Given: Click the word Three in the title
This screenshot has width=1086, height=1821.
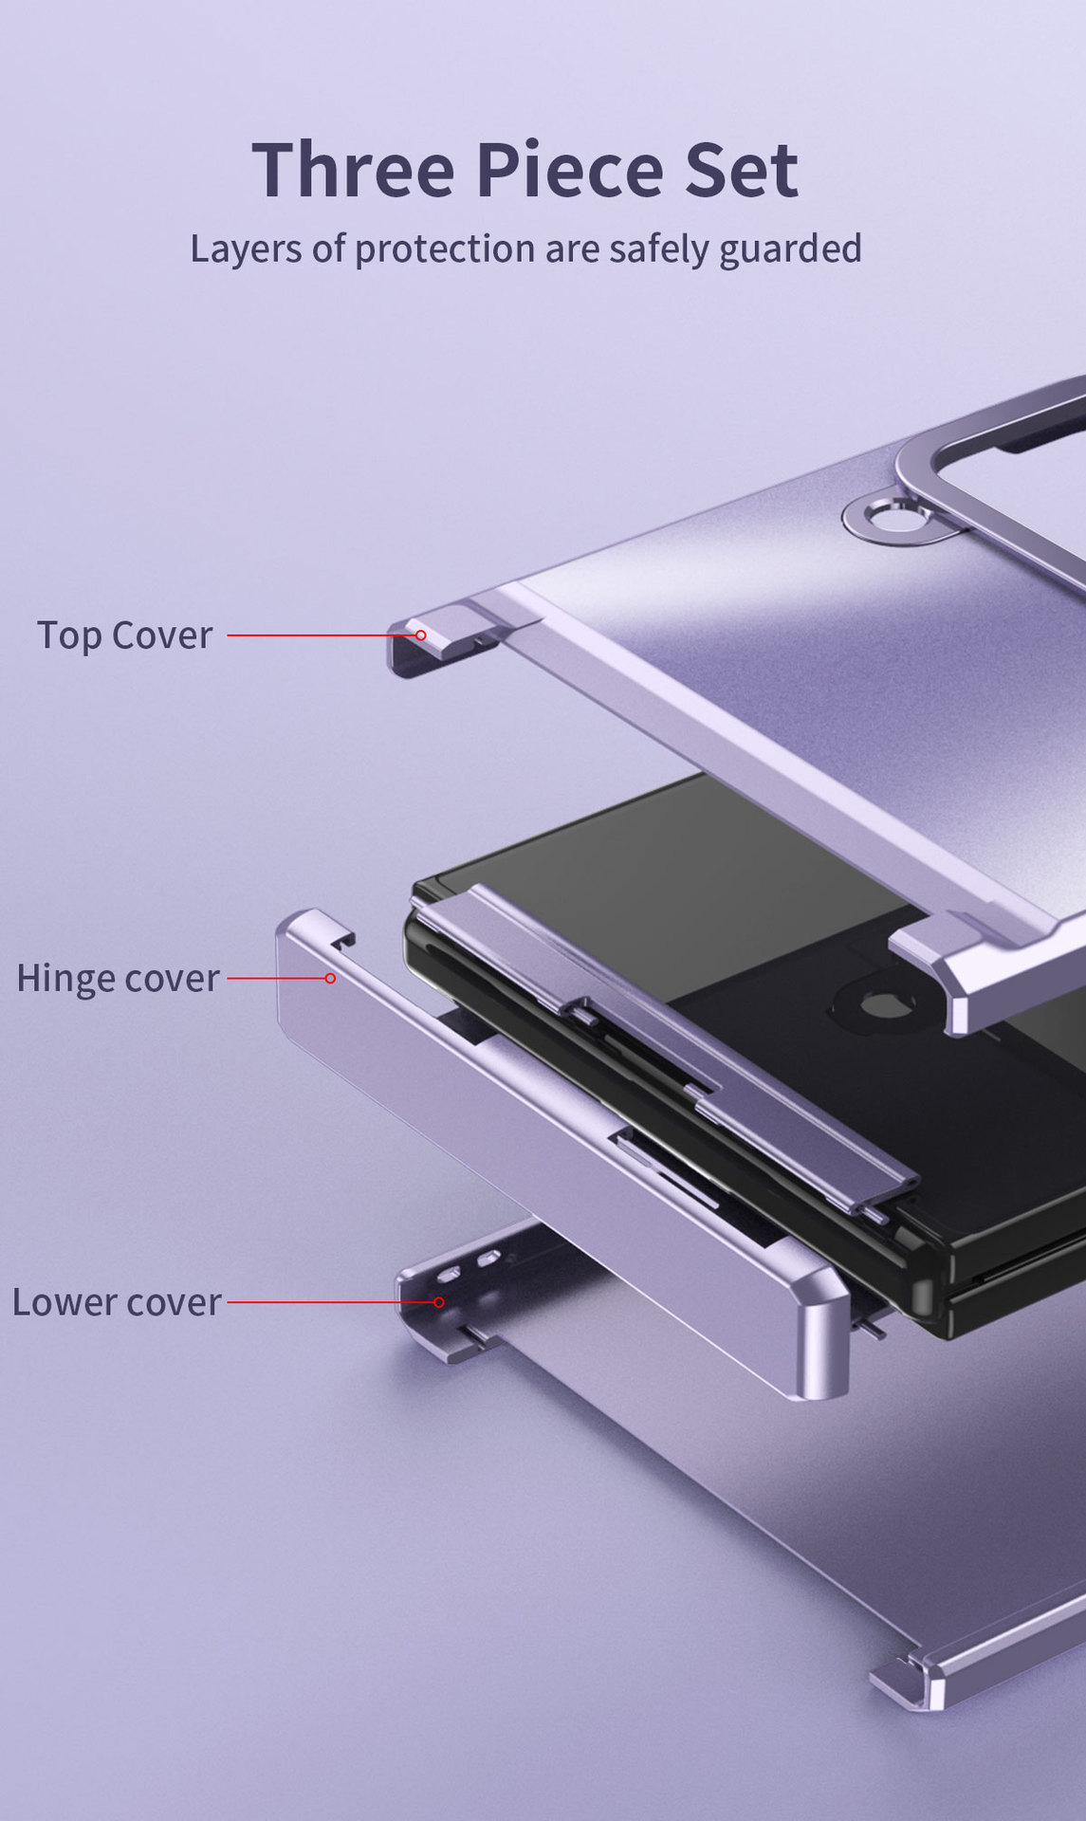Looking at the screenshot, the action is tap(353, 170).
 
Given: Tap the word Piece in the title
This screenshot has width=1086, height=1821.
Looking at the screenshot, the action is tap(569, 170).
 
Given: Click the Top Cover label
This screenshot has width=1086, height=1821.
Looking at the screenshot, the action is tap(124, 635).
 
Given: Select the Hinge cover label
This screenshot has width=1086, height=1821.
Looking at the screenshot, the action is tap(118, 979).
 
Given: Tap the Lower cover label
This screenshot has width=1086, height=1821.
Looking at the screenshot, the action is tap(117, 1302).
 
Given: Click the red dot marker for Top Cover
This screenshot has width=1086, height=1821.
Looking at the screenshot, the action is tap(420, 635).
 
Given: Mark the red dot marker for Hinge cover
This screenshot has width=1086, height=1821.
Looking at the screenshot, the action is tap(330, 978).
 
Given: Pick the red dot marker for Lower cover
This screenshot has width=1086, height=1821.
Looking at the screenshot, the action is tap(438, 1302).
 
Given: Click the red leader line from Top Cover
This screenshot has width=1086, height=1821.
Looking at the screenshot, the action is tap(322, 635).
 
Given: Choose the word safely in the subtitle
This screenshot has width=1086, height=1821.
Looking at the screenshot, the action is tap(658, 249).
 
